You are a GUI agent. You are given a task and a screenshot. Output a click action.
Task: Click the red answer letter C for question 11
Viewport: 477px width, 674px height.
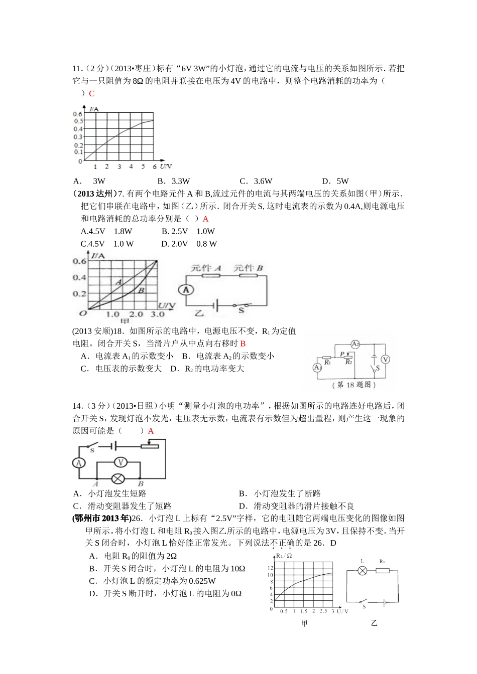point(91,94)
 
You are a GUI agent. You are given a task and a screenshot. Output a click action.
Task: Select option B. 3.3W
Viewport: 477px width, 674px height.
point(174,181)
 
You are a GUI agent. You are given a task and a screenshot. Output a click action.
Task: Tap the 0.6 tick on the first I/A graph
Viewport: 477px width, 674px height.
point(78,114)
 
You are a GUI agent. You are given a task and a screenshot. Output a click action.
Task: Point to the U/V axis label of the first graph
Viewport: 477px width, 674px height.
point(165,166)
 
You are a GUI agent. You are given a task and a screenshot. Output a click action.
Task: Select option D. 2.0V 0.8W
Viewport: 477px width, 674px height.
point(189,244)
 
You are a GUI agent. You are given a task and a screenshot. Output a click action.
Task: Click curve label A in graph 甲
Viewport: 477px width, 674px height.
point(119,282)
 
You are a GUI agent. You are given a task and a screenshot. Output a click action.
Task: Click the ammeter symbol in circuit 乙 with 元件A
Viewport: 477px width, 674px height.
point(185,289)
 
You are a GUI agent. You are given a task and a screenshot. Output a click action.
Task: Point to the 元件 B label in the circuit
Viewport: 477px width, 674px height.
point(249,268)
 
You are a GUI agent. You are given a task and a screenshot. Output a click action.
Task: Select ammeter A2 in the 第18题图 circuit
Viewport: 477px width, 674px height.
point(355,344)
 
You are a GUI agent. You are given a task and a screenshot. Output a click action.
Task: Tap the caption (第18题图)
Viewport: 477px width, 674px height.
point(354,385)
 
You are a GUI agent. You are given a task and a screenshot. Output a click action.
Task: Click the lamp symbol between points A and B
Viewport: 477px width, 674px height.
point(118,477)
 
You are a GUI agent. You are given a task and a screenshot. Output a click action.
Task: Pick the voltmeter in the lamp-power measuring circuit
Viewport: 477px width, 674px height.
point(120,462)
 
